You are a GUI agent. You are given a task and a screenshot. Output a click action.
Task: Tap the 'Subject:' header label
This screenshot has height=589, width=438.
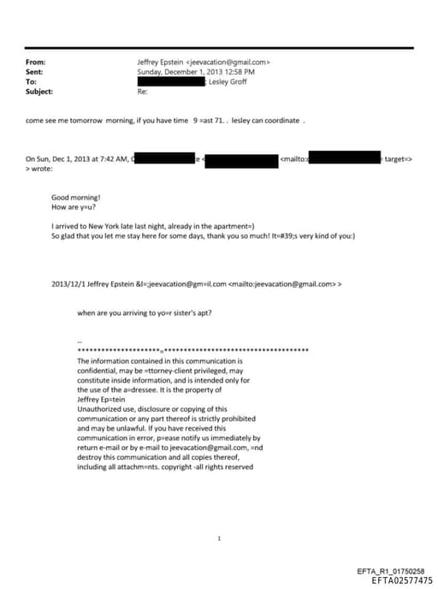pos(39,91)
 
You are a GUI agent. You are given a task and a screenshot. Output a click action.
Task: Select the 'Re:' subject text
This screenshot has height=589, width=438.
pos(142,91)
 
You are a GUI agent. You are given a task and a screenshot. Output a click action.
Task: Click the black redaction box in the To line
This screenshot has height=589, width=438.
pos(171,81)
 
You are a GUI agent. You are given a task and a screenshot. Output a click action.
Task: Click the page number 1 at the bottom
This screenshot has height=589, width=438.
pos(220,515)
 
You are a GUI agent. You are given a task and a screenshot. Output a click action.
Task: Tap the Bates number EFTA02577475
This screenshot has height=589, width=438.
pos(402,580)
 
